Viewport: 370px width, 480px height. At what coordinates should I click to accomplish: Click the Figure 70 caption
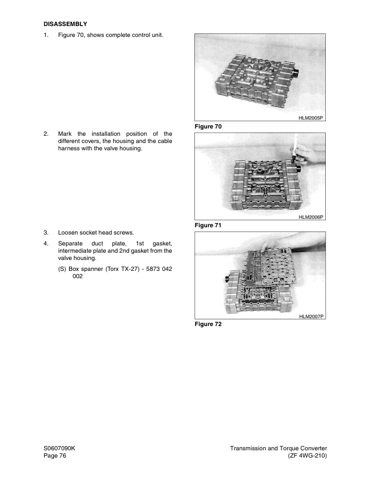[208, 127]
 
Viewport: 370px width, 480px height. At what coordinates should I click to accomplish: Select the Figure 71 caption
[208, 225]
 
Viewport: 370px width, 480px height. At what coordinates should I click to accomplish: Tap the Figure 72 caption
[208, 324]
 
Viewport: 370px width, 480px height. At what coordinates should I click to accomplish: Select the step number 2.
[46, 133]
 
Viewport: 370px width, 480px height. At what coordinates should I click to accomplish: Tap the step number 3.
[46, 232]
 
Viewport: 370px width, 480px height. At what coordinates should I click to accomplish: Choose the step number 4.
[46, 243]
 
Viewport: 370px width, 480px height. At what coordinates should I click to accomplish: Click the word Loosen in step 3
[68, 232]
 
